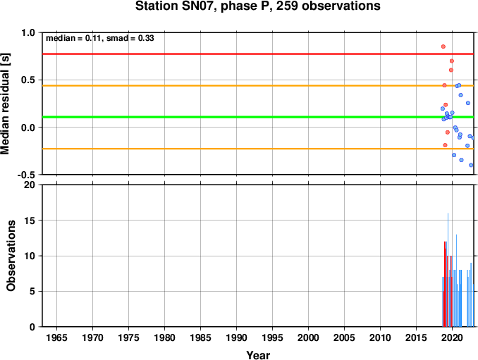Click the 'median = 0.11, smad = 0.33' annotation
tap(100, 38)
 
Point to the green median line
tap(258, 117)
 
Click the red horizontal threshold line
tap(258, 54)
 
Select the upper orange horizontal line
tap(258, 85)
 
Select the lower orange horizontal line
tap(258, 149)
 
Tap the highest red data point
tap(443, 46)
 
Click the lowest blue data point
tap(471, 165)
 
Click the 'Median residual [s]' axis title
tap(5, 104)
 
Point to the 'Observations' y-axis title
tap(11, 256)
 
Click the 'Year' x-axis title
tap(258, 355)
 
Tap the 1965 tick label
tap(56, 337)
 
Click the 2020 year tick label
tap(452, 337)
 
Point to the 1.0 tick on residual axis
tap(28, 32)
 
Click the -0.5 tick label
tap(26, 175)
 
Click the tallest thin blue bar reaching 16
tap(448, 270)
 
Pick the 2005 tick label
tap(345, 337)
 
